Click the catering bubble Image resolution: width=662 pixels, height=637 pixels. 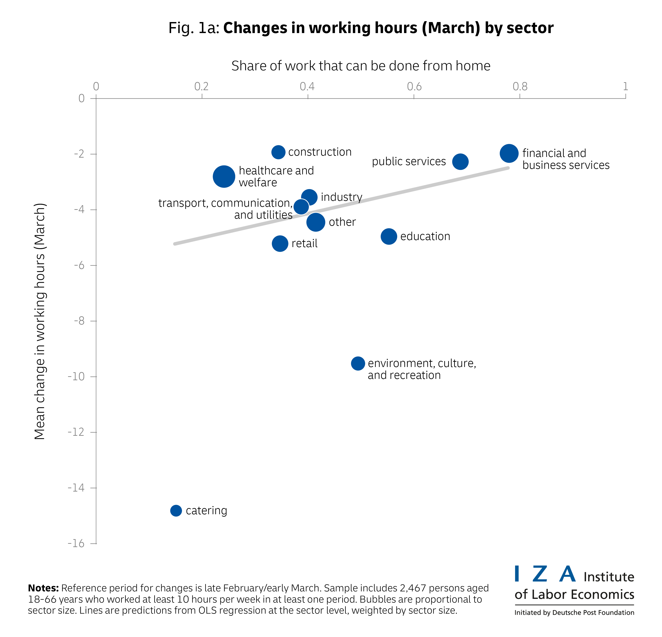click(176, 510)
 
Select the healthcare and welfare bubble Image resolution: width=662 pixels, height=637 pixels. click(224, 177)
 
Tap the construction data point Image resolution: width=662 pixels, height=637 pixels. click(278, 152)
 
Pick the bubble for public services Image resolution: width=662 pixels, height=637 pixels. click(460, 162)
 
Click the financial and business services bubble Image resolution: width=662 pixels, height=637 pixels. click(509, 153)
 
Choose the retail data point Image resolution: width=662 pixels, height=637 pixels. click(280, 243)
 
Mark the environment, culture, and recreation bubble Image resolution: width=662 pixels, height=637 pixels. click(358, 363)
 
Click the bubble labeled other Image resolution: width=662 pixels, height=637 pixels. click(316, 222)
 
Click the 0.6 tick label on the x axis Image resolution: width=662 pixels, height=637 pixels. click(414, 87)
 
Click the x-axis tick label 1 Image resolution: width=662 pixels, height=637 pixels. click(625, 87)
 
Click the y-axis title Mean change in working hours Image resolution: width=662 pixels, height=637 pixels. click(40, 321)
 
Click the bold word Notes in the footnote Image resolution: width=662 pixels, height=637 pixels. click(43, 588)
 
